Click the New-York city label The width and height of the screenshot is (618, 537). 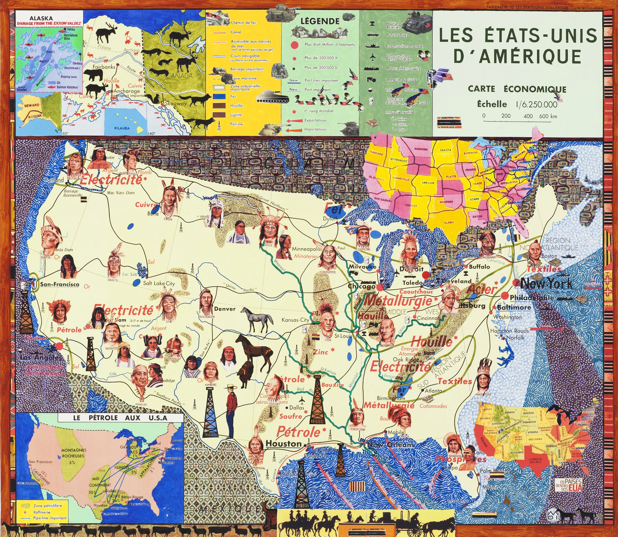[546, 284]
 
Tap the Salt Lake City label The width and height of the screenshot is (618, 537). [159, 283]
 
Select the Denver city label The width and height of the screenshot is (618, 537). [225, 309]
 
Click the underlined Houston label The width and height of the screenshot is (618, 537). [283, 443]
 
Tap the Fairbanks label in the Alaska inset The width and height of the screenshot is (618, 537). [103, 67]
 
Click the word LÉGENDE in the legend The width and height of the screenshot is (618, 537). [320, 21]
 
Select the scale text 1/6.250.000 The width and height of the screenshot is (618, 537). [536, 104]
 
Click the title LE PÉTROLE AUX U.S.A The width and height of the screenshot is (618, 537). [120, 418]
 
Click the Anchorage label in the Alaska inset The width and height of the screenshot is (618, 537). [127, 91]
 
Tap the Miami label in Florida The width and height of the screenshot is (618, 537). [489, 488]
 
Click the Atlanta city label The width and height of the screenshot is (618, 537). [433, 391]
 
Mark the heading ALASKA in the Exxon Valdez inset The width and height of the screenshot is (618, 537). [41, 18]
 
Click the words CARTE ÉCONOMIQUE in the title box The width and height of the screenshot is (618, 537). [517, 89]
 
